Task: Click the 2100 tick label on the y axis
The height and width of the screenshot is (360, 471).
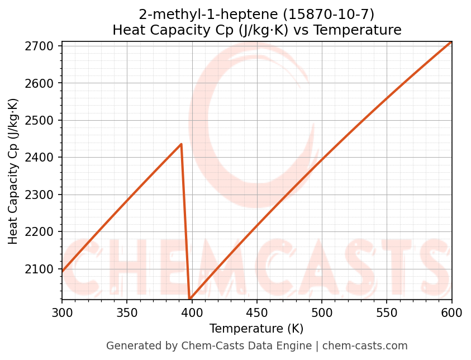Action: pos(44,269)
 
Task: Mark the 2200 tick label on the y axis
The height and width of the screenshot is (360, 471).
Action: pos(44,232)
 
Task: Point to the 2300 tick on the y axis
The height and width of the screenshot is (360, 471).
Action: pos(44,195)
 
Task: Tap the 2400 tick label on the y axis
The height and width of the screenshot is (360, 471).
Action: pos(44,158)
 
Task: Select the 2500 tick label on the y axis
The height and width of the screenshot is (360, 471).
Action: pos(44,121)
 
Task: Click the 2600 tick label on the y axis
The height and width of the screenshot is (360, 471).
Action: pos(44,83)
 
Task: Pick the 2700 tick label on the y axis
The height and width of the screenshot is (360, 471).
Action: pos(44,46)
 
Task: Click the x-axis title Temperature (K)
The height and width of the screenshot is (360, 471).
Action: pos(256,329)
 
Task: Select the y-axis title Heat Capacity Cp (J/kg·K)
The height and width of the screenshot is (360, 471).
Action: pos(13,171)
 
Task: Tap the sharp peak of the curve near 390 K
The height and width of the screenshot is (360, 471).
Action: pos(182,144)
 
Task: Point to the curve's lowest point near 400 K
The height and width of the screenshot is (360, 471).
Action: pos(190,299)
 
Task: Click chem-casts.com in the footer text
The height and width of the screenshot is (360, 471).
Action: pos(365,346)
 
